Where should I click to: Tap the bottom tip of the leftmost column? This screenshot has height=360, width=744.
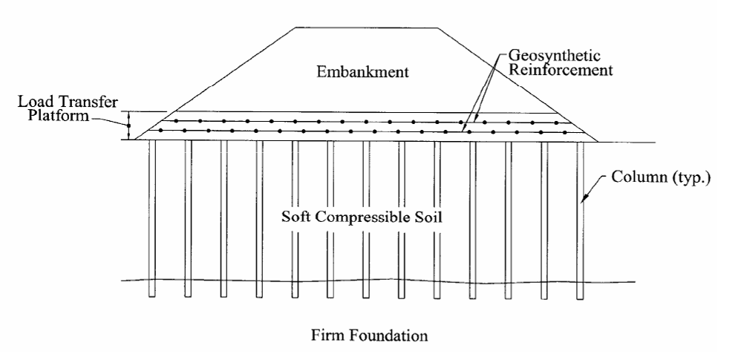pos(152,296)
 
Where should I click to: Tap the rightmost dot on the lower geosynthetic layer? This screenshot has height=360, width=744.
pos(565,132)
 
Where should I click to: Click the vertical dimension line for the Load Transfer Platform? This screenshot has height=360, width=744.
pos(128,125)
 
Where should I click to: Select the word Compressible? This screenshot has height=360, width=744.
pos(362,220)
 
